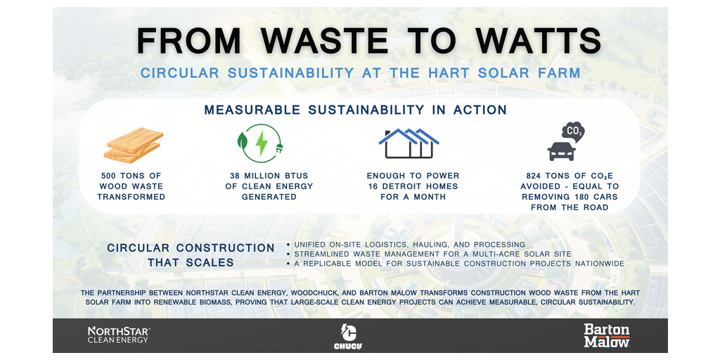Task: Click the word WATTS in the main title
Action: (x=539, y=40)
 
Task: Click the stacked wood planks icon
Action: (x=133, y=145)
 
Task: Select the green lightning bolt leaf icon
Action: (x=260, y=143)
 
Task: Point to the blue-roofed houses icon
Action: (x=409, y=143)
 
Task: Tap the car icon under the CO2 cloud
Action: (x=561, y=151)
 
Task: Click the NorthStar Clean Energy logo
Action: (x=119, y=335)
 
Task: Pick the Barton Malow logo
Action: (x=607, y=335)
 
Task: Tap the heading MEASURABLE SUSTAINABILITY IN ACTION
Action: (x=355, y=110)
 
